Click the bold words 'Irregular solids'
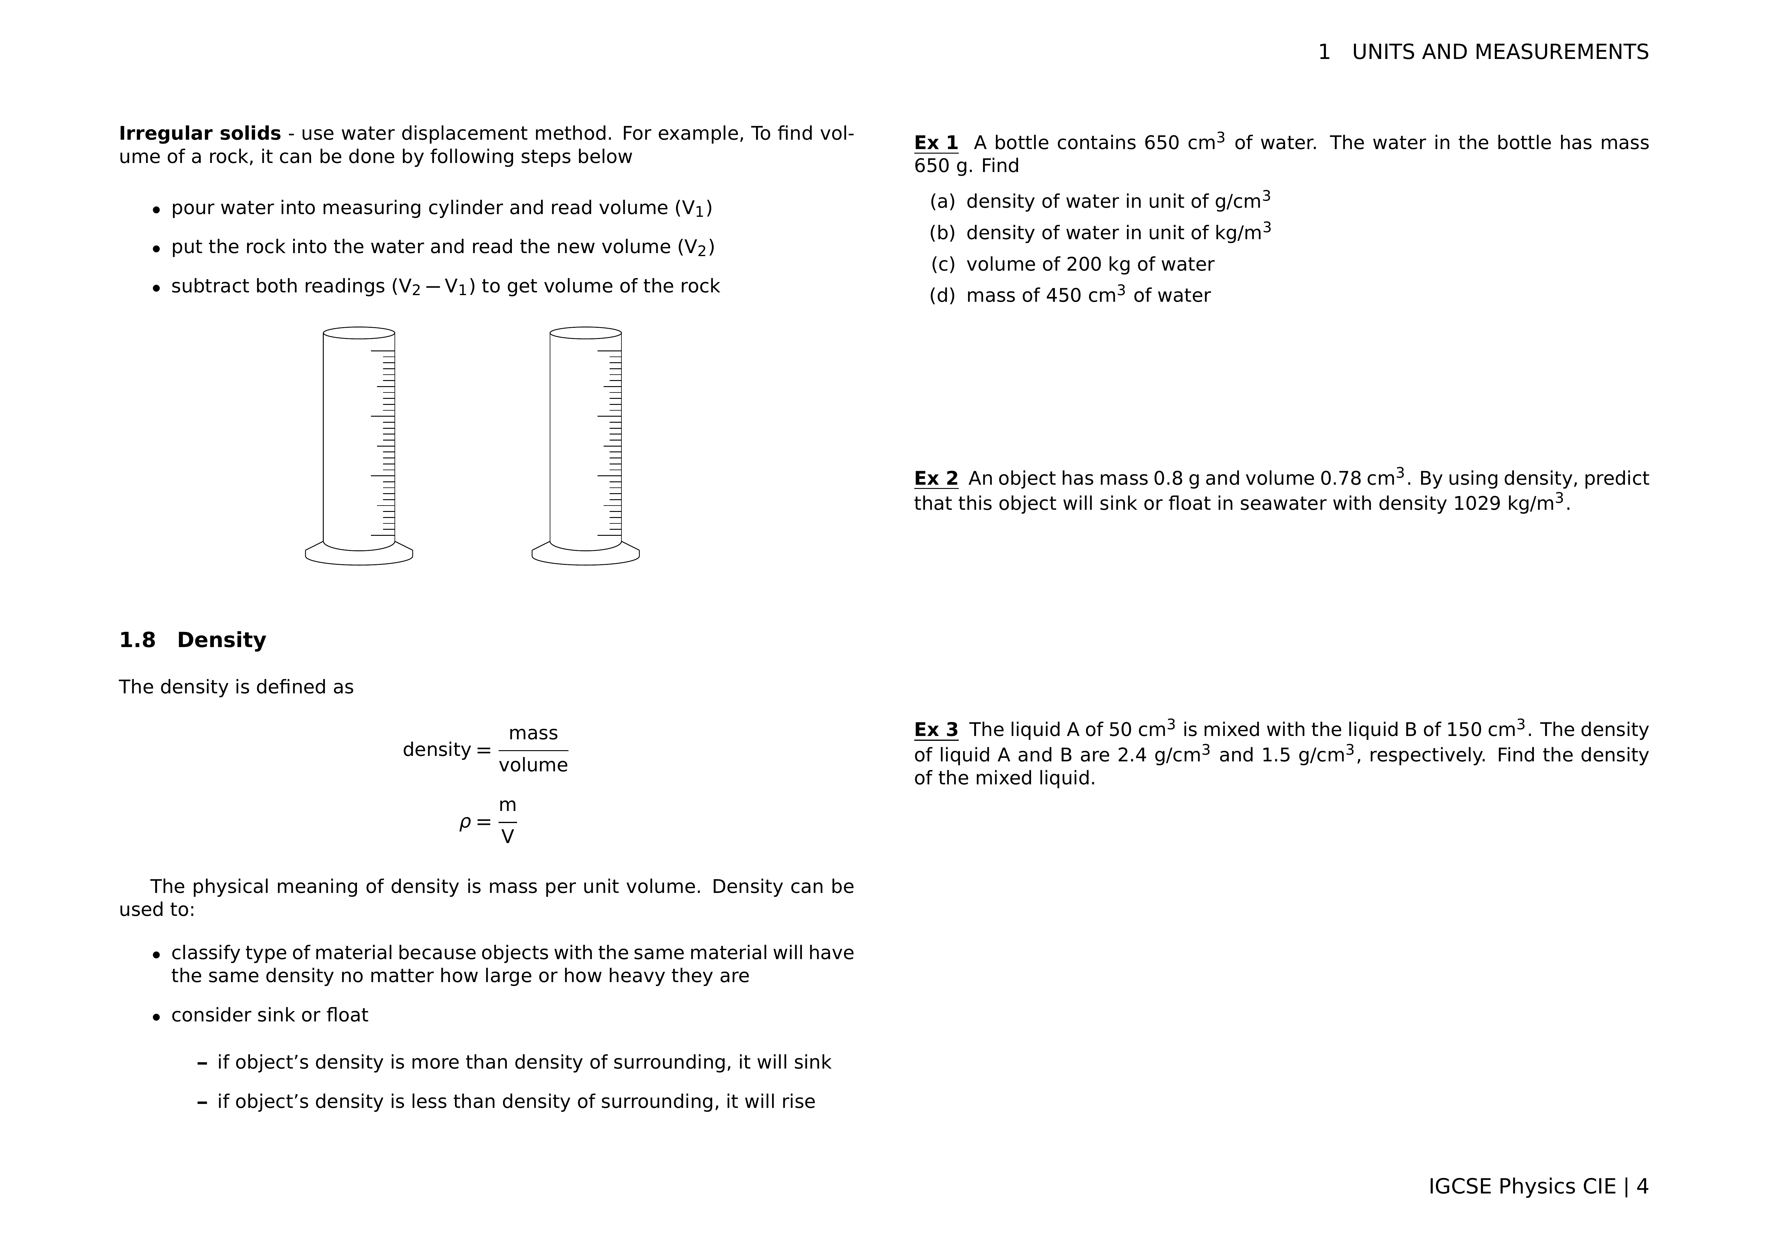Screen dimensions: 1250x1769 point(200,134)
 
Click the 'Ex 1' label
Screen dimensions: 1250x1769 point(935,143)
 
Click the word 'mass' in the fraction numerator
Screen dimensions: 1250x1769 point(533,733)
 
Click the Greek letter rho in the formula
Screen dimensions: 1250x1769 point(465,822)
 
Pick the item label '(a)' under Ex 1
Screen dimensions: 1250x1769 point(942,202)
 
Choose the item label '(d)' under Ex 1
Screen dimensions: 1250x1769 point(942,296)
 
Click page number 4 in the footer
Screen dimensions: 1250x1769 point(1642,1186)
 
